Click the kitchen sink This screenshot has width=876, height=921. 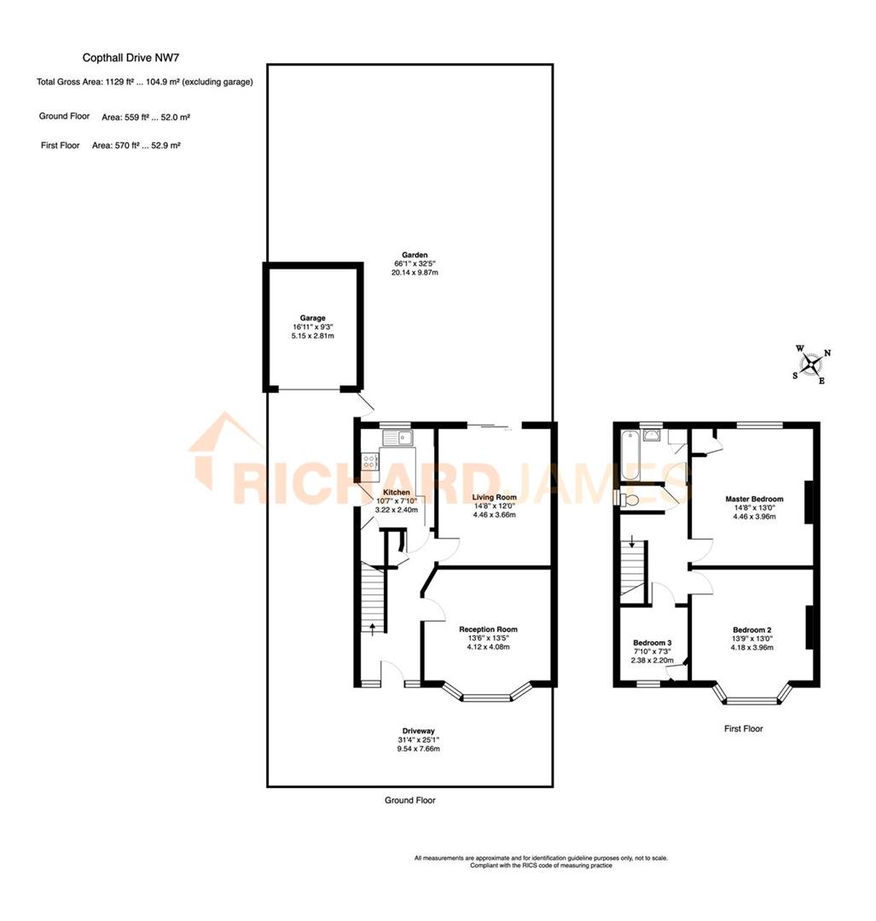coord(397,439)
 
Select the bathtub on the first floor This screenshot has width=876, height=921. coord(630,455)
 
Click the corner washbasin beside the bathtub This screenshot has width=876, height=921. coord(655,434)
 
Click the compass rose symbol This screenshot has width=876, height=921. coord(812,364)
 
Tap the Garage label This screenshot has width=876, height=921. coord(311,318)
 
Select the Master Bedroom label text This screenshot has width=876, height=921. coord(754,499)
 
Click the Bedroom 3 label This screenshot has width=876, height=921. coord(653,643)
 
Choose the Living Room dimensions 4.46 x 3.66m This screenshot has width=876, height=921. coord(495,515)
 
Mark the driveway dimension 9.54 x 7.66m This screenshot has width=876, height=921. coord(418,749)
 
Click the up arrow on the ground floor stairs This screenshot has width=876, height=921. coord(372,629)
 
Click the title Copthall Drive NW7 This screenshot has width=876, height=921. coord(131,58)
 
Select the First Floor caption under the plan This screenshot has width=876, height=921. coord(743,729)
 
